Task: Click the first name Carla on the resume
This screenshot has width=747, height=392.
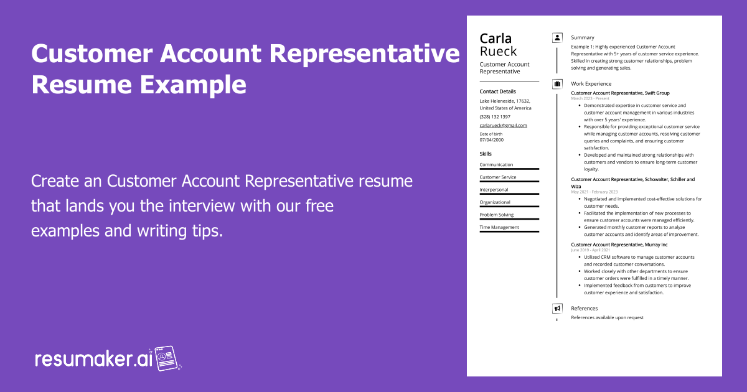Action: point(496,39)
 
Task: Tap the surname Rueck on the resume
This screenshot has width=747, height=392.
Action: point(498,52)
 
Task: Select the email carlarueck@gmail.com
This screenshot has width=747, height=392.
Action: point(503,125)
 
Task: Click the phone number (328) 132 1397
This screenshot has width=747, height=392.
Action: point(495,116)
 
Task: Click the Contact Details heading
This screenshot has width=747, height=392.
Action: point(497,91)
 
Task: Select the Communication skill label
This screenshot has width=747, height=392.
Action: point(496,165)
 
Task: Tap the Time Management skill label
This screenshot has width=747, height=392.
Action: point(499,227)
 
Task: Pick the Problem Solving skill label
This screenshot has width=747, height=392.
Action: point(497,215)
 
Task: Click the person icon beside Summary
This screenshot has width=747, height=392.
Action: point(557,38)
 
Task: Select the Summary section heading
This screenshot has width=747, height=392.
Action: point(583,38)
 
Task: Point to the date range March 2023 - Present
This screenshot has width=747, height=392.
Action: point(590,98)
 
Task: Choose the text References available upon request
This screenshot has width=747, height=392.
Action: point(607,317)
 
